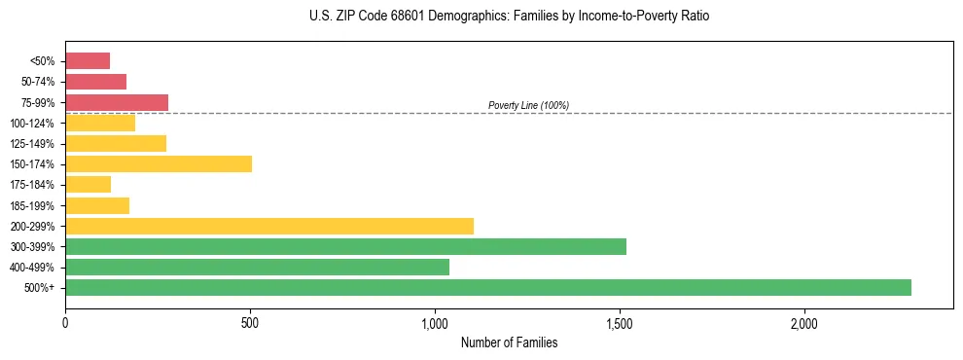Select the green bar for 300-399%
(x=345, y=246)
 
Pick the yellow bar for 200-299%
(x=269, y=226)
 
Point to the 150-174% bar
(x=159, y=163)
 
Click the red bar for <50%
(x=88, y=60)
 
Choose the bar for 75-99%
(x=117, y=102)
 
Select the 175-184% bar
(x=89, y=184)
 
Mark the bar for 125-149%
(x=116, y=143)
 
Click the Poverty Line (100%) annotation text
(x=528, y=105)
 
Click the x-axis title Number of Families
(x=509, y=342)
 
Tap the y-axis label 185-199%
(x=32, y=205)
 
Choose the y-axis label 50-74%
(x=35, y=82)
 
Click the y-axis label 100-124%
(x=32, y=123)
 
